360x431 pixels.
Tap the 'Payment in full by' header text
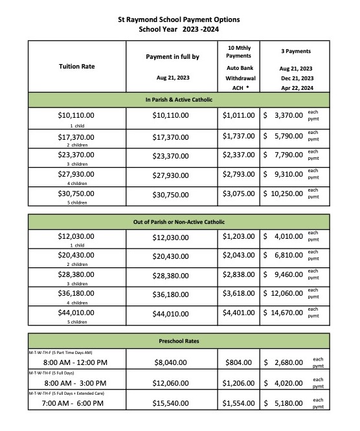[172, 57]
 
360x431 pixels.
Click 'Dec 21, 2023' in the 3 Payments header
[296, 78]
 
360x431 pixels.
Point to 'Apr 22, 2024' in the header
[296, 87]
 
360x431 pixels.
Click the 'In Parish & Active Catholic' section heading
[178, 100]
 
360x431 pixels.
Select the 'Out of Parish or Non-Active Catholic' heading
[178, 222]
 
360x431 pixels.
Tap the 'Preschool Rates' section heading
[178, 340]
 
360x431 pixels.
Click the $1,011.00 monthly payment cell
[238, 115]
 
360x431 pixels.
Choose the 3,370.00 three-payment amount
[285, 115]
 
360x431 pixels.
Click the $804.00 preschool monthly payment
[238, 359]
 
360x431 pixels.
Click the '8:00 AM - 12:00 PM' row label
[66, 360]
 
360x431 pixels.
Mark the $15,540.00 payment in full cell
[172, 402]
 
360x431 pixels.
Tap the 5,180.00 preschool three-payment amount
[285, 402]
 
